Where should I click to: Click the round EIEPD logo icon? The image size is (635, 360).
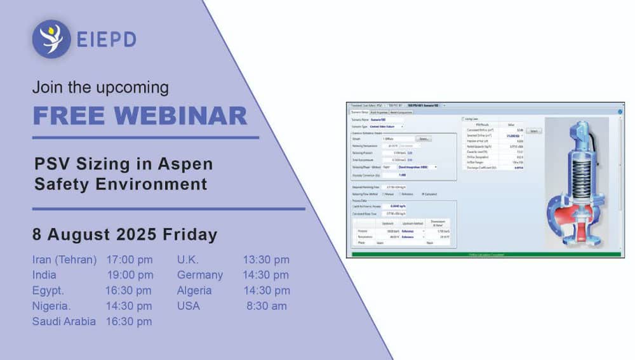(51, 39)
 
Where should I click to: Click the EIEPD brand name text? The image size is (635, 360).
(107, 40)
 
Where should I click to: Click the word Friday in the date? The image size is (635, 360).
(190, 234)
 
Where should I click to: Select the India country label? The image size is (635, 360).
(44, 275)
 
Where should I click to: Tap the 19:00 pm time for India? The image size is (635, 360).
(130, 275)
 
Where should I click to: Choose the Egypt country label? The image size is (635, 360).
(48, 291)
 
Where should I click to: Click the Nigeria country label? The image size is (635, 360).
(50, 306)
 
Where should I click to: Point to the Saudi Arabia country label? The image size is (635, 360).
(64, 321)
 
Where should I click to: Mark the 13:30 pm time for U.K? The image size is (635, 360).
(266, 260)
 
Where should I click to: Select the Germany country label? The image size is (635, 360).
(200, 275)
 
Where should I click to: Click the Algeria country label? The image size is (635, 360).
(194, 291)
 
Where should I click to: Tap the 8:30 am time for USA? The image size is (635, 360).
(267, 306)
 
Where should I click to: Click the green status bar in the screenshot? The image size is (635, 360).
(484, 255)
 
